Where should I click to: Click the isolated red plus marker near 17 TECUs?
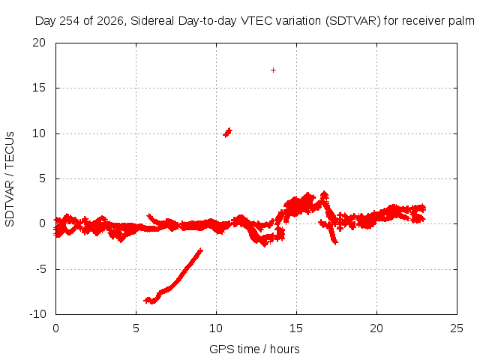click(273, 70)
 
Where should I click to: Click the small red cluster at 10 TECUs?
click(227, 133)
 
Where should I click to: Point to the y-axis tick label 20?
click(39, 43)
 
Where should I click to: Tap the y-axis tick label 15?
click(39, 88)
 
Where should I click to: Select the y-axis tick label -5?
click(40, 269)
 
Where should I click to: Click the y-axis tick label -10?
click(37, 314)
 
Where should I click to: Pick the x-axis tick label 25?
click(457, 328)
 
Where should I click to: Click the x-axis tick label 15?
click(296, 328)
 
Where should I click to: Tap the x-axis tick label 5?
click(136, 328)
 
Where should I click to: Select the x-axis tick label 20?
click(376, 328)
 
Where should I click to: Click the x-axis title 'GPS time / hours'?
click(254, 349)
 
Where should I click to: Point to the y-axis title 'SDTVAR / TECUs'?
click(10, 179)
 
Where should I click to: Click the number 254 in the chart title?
click(69, 21)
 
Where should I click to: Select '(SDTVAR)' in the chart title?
click(353, 21)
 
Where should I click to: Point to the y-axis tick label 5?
click(42, 178)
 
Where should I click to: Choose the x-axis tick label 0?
click(55, 328)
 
